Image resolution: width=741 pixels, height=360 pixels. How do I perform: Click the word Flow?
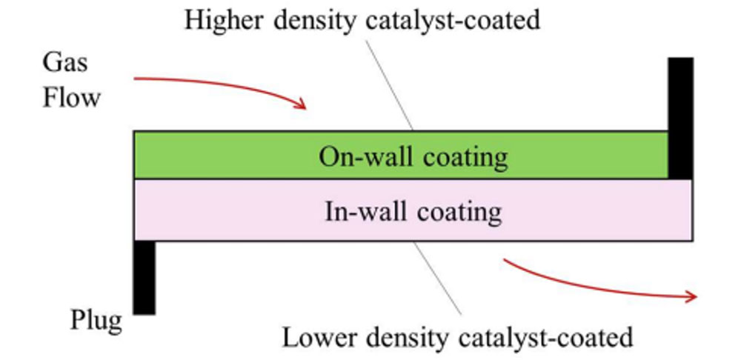(70, 97)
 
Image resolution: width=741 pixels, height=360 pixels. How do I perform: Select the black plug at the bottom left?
(144, 277)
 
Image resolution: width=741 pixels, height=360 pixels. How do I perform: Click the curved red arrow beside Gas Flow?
(222, 84)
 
